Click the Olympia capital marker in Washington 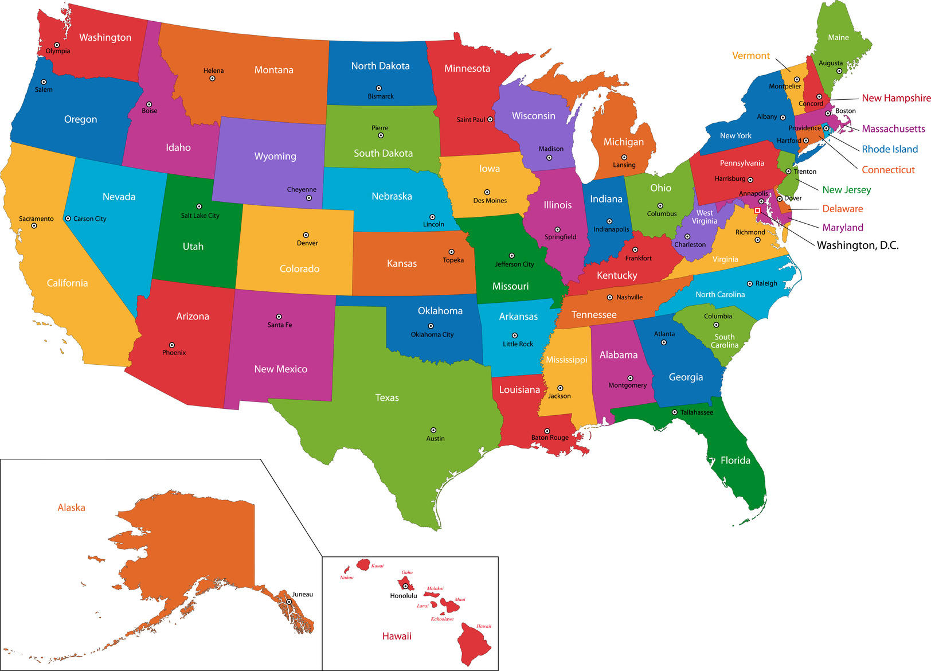tap(57, 45)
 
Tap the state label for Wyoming tap(275, 156)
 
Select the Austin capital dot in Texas tap(433, 430)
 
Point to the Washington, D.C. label tap(857, 245)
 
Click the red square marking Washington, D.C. tap(757, 210)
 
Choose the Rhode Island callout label tap(890, 149)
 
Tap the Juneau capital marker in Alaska tap(290, 602)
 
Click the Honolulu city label tap(404, 596)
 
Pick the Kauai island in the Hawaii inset tap(363, 565)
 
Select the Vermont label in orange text tap(751, 56)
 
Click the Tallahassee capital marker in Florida tap(675, 412)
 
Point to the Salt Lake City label tap(200, 216)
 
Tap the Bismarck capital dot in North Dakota tap(379, 88)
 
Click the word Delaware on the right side tap(842, 209)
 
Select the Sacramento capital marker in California tap(34, 226)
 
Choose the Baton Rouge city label tap(550, 438)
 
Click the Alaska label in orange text tap(72, 508)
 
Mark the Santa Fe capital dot tap(279, 317)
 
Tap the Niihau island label tap(346, 578)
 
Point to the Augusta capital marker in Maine tap(839, 71)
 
